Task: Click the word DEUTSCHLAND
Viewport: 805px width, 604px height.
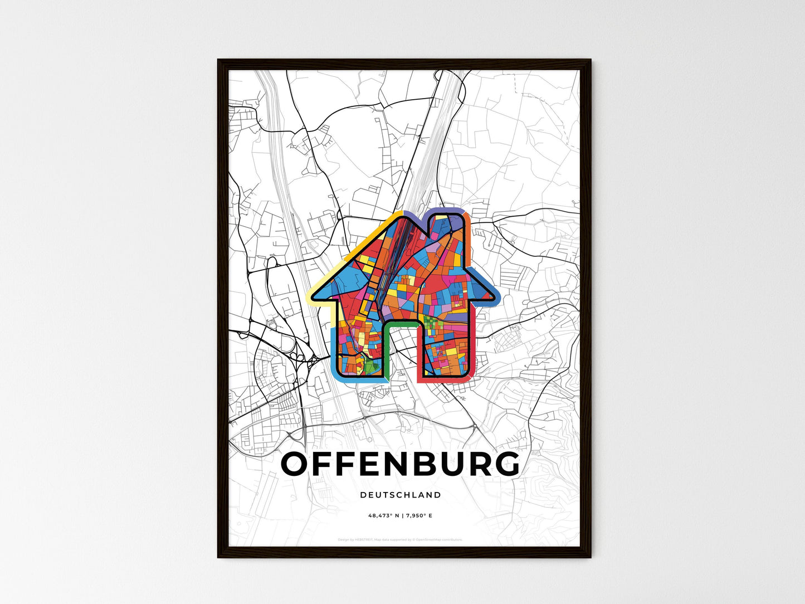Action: point(400,495)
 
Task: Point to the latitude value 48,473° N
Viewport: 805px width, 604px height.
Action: point(384,516)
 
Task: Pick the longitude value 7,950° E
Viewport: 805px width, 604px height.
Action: point(418,516)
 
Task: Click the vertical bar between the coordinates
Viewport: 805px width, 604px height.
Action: point(402,516)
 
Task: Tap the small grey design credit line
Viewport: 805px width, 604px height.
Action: point(400,539)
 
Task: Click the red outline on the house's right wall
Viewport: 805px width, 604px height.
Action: point(474,345)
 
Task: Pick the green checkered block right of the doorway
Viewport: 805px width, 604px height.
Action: point(432,322)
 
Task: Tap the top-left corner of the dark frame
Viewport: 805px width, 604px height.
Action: point(219,61)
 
